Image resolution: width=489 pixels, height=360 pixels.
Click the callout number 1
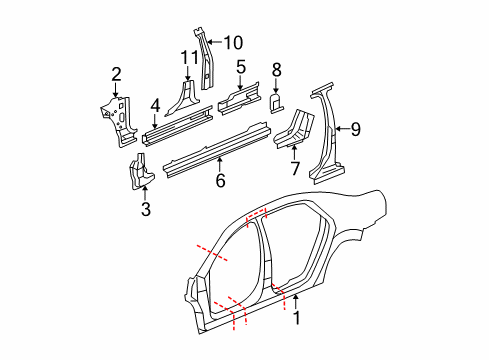click(x=296, y=320)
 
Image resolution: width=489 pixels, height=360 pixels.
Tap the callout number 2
click(x=116, y=73)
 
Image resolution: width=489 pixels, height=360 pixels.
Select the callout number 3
click(x=146, y=209)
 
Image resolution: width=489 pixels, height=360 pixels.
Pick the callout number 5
click(x=241, y=67)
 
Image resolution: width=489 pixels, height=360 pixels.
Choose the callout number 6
click(x=221, y=180)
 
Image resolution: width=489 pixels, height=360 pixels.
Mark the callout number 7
click(x=294, y=168)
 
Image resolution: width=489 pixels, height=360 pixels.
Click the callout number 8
click(x=277, y=70)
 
